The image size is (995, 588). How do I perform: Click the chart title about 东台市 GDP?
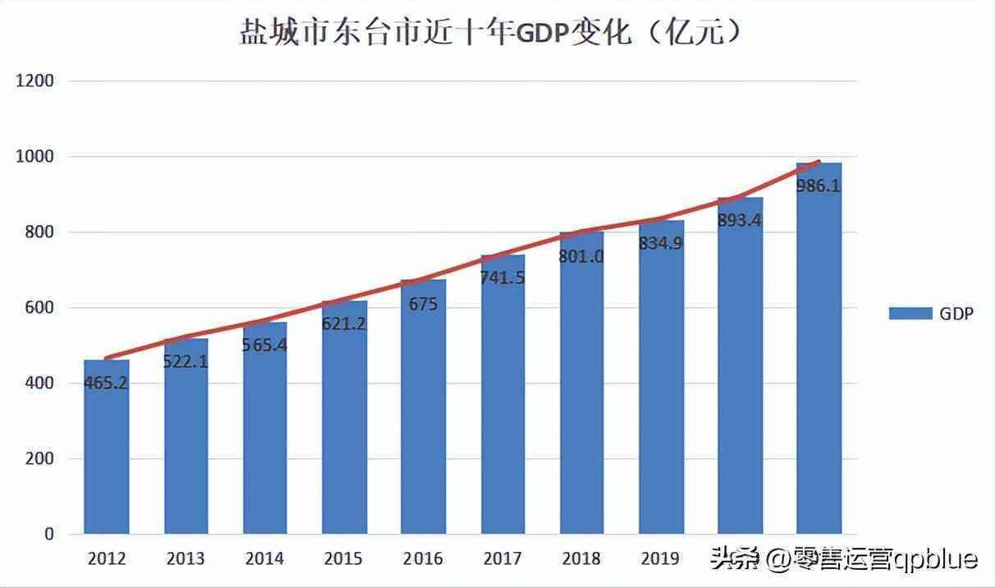(x=492, y=33)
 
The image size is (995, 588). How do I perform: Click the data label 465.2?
(x=106, y=383)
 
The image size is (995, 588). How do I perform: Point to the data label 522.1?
(x=186, y=361)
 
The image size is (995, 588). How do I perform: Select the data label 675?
(x=424, y=305)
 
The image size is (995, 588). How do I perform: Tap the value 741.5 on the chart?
(x=503, y=278)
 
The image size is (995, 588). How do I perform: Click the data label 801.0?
(x=582, y=256)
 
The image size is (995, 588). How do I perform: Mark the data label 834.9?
(x=661, y=243)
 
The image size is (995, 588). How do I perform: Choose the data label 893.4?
(x=740, y=220)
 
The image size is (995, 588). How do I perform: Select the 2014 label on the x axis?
(x=264, y=559)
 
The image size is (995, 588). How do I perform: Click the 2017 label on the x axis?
(x=502, y=559)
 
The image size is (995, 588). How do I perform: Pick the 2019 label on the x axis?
(x=660, y=559)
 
